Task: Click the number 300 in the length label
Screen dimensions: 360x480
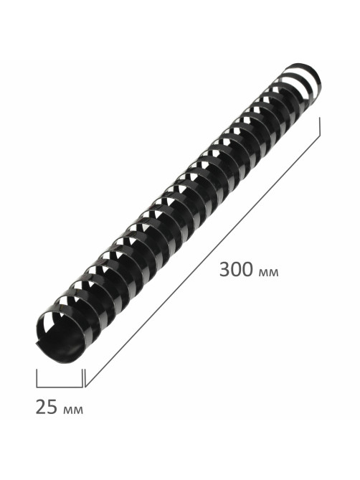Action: [x=237, y=270]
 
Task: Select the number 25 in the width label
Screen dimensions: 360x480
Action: [x=47, y=407]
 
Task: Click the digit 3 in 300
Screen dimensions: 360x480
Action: [x=224, y=270]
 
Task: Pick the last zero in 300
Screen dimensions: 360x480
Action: [x=248, y=270]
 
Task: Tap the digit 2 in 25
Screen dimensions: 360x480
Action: [x=41, y=407]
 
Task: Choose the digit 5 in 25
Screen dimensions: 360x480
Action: [x=52, y=407]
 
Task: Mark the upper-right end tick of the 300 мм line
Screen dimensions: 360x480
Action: [x=320, y=126]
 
